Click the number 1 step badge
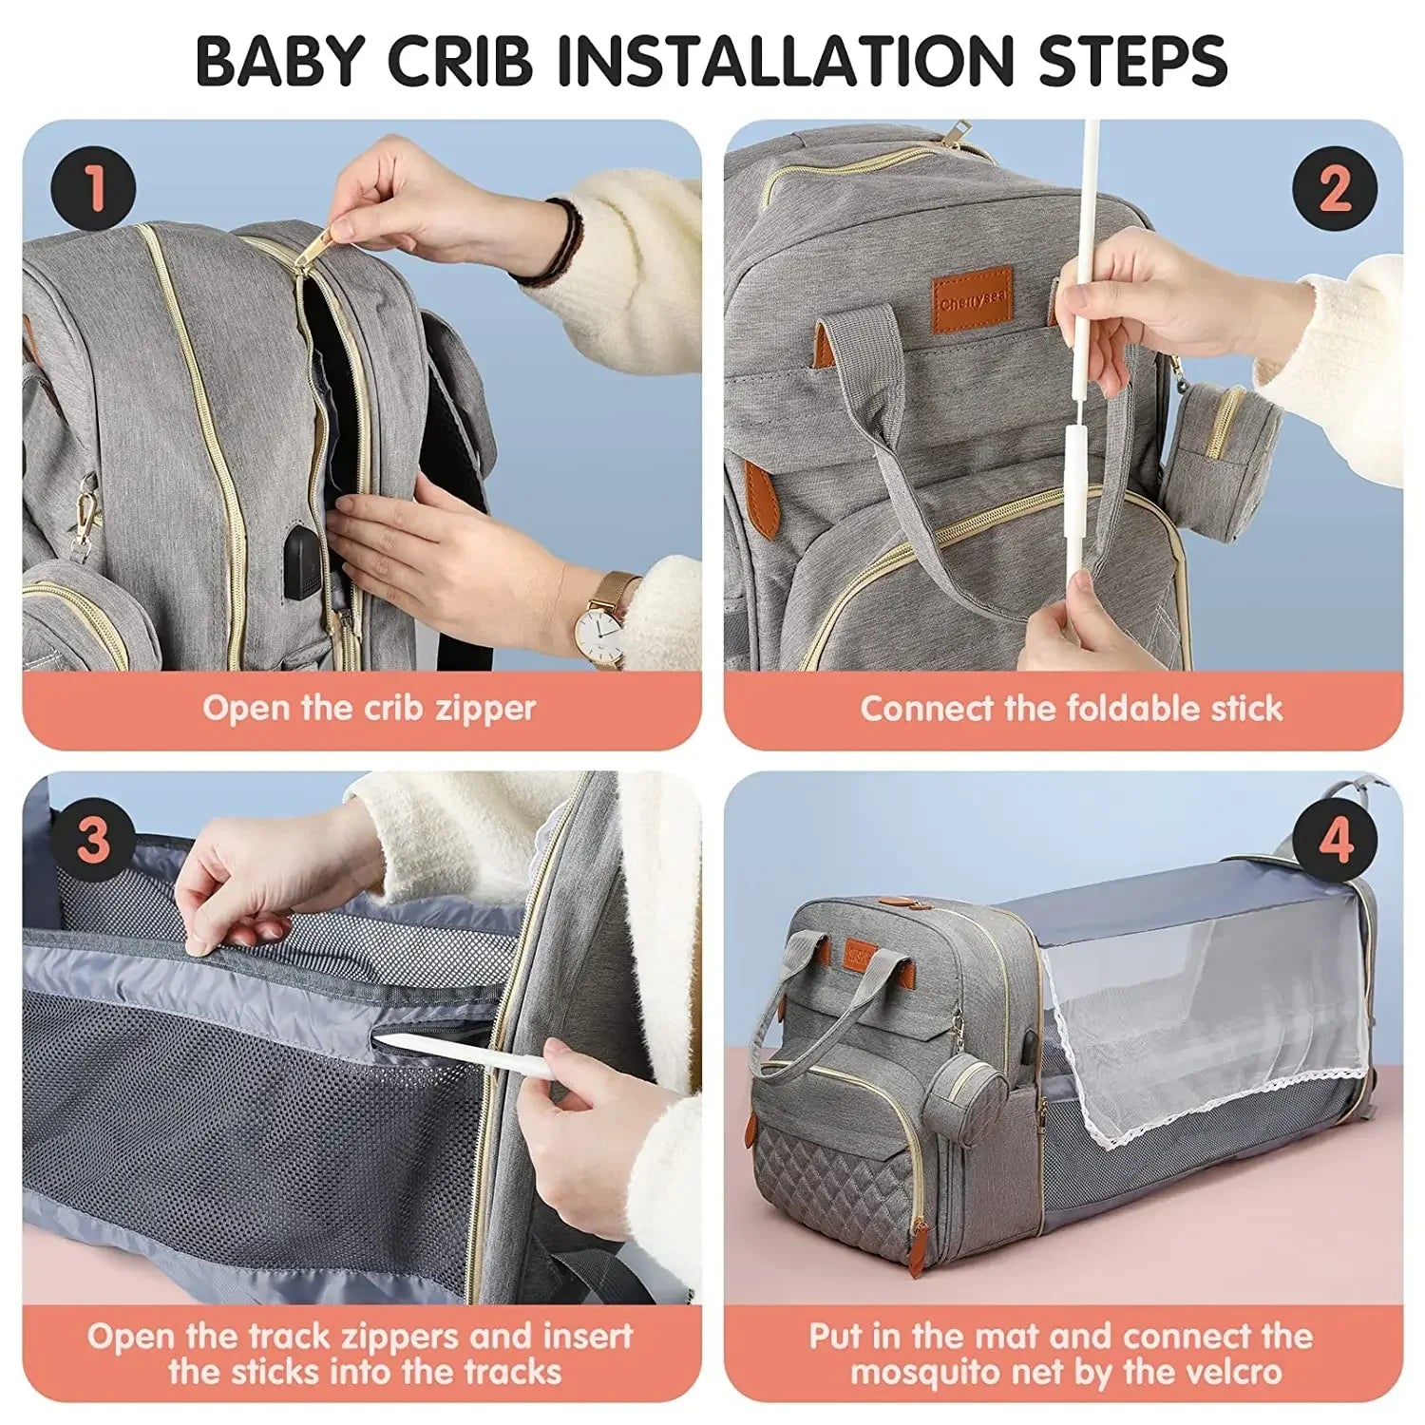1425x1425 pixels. (x=93, y=187)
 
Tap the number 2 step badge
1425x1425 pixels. (x=1335, y=187)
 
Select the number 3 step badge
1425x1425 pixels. (x=93, y=840)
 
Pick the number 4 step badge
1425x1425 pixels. (x=1335, y=840)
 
